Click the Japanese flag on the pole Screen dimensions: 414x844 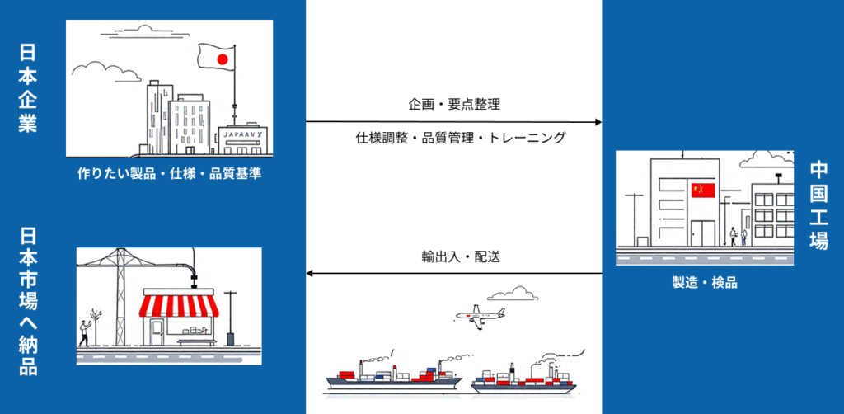point(218,59)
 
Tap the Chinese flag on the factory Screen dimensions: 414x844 point(702,191)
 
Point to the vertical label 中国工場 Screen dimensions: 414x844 point(818,206)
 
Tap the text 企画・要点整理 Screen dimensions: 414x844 point(454,105)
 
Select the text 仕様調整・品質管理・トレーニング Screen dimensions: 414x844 point(455,138)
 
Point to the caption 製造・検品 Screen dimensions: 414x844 point(705,283)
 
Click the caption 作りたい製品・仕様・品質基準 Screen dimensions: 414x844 point(169,174)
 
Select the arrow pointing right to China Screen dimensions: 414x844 point(453,122)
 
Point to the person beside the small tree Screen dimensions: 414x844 point(83,332)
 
